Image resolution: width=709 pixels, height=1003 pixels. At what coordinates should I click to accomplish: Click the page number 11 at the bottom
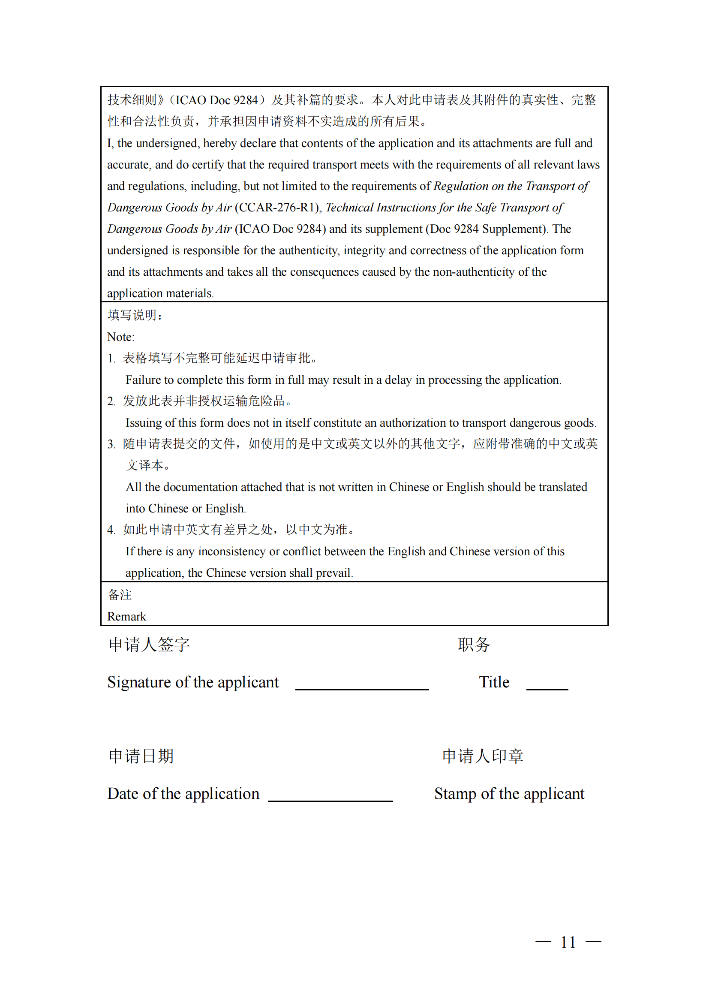(568, 942)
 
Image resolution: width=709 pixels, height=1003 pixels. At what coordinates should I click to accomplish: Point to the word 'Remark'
(126, 616)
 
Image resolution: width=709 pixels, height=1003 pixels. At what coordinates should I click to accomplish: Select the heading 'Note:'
(121, 337)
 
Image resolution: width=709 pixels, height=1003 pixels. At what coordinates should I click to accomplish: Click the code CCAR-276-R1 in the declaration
(277, 208)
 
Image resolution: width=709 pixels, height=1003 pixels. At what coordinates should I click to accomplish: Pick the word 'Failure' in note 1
(143, 380)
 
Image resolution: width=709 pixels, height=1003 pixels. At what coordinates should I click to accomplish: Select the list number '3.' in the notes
(111, 444)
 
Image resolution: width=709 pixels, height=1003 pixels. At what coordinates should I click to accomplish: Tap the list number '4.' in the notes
(111, 530)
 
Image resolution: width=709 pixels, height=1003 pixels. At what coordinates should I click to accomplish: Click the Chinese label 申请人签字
(149, 645)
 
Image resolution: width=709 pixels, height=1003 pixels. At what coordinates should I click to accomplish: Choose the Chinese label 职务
(474, 645)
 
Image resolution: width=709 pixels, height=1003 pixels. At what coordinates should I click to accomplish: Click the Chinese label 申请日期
(141, 756)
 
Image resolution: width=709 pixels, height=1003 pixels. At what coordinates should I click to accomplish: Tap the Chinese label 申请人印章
(482, 756)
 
